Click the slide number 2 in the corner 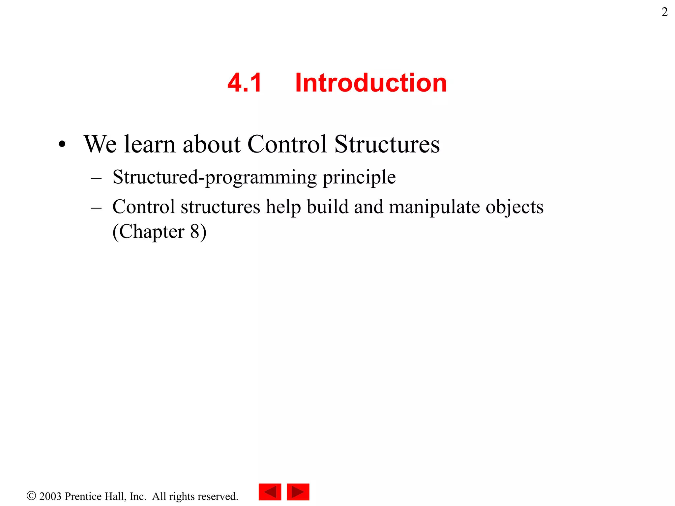[x=664, y=12]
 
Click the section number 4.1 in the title [x=244, y=83]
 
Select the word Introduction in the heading [x=371, y=83]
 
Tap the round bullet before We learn [x=62, y=144]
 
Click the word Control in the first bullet [x=287, y=144]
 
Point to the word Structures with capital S [x=387, y=144]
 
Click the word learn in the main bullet [x=149, y=144]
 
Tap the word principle [x=359, y=178]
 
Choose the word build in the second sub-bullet [x=327, y=207]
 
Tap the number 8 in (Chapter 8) [x=194, y=231]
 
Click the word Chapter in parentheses [x=152, y=232]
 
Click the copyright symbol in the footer [x=31, y=496]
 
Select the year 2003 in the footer [x=50, y=496]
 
